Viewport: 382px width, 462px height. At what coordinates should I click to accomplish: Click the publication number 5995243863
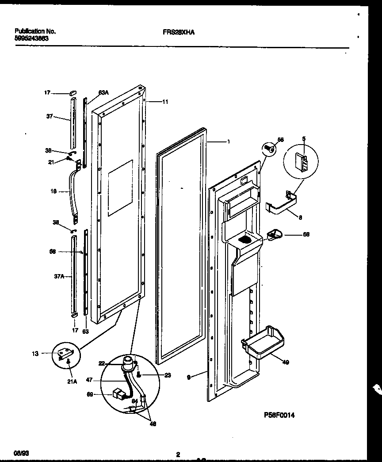(x=32, y=38)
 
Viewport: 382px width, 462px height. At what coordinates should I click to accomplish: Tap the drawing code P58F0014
(x=279, y=415)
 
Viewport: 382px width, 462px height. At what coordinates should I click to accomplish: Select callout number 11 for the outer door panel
(x=165, y=102)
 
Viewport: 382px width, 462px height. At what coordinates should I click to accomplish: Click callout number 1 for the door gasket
(x=228, y=142)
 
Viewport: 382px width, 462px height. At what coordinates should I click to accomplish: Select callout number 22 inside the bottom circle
(x=101, y=363)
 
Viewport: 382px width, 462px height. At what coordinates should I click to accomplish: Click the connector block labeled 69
(x=118, y=393)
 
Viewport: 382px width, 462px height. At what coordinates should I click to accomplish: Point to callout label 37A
(x=59, y=276)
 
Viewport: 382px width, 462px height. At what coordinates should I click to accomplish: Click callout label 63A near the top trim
(x=103, y=93)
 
